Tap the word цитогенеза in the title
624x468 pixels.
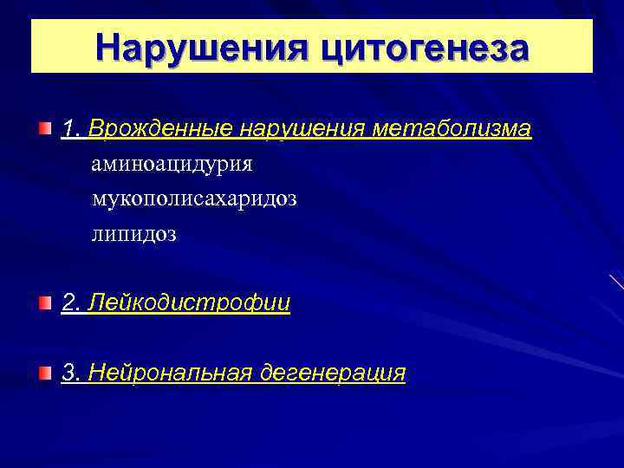pyautogui.click(x=424, y=47)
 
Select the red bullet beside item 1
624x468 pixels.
pyautogui.click(x=44, y=129)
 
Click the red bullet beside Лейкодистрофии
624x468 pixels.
pyautogui.click(x=44, y=302)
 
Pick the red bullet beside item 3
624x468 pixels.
pyautogui.click(x=44, y=373)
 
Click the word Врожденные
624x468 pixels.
pyautogui.click(x=160, y=129)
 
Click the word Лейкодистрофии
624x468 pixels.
pyautogui.click(x=189, y=303)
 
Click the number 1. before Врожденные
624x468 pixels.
pyautogui.click(x=70, y=129)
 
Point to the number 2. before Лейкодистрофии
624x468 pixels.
pyautogui.click(x=70, y=303)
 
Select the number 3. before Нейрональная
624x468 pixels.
pyautogui.click(x=70, y=373)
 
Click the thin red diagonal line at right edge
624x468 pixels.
pyautogui.click(x=616, y=282)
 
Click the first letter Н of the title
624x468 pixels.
pyautogui.click(x=109, y=47)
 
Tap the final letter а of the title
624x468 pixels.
pyautogui.click(x=517, y=49)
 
